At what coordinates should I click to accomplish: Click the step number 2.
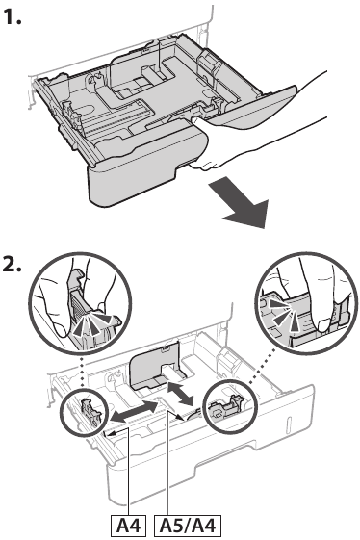pyautogui.click(x=15, y=267)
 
